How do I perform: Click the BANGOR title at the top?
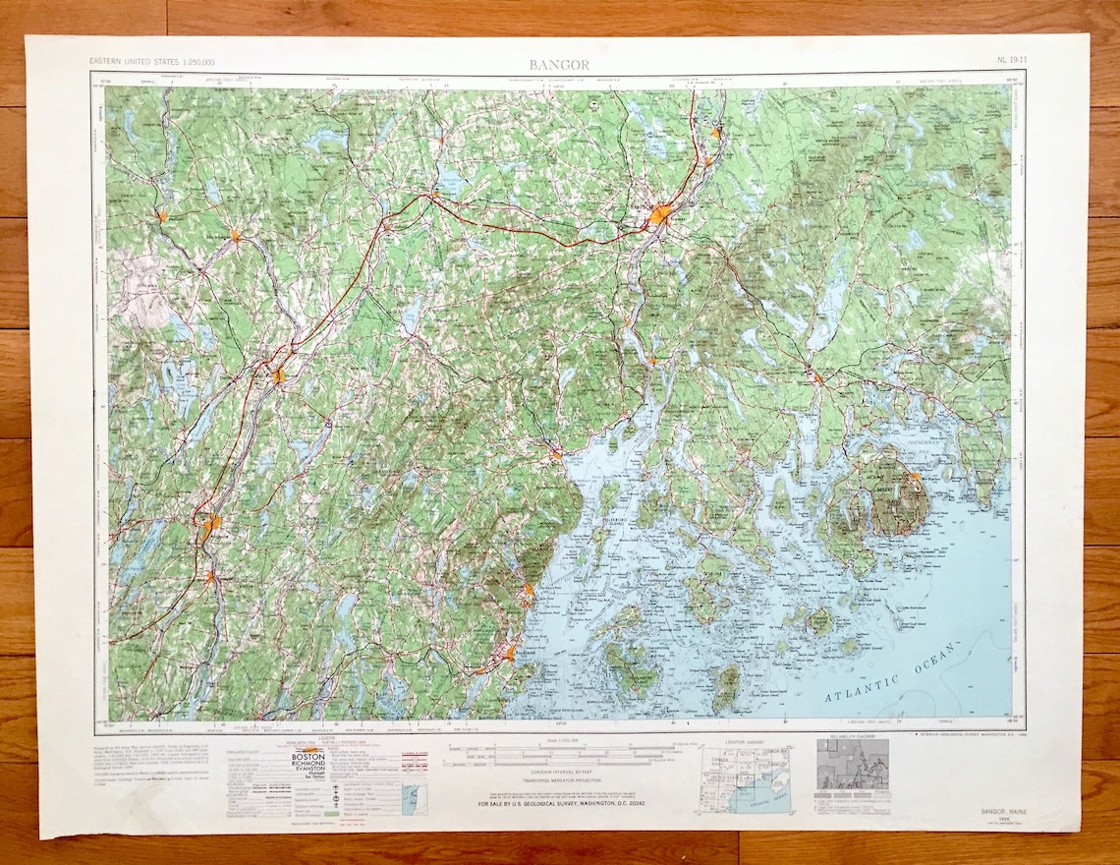559,65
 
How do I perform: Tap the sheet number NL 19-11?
1012,61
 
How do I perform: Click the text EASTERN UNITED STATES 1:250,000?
152,62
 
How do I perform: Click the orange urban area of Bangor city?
659,213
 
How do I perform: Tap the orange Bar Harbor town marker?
915,477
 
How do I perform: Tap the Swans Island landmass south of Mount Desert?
817,621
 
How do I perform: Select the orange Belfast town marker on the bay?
556,454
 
